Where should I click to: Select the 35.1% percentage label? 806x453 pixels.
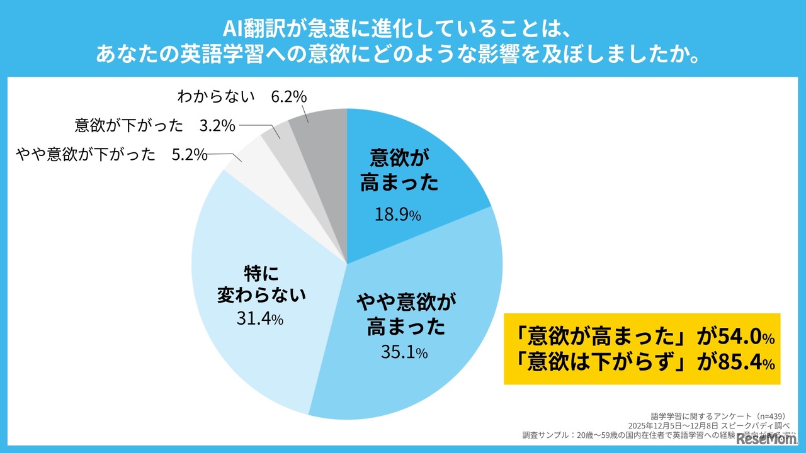(x=404, y=353)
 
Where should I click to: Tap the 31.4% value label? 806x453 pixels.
(x=259, y=319)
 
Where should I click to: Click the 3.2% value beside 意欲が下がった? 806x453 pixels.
(x=217, y=126)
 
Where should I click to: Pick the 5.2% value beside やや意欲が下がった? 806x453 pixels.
(x=190, y=155)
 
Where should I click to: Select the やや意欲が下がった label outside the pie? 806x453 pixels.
(x=86, y=155)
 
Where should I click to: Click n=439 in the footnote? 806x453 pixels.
(x=779, y=417)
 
